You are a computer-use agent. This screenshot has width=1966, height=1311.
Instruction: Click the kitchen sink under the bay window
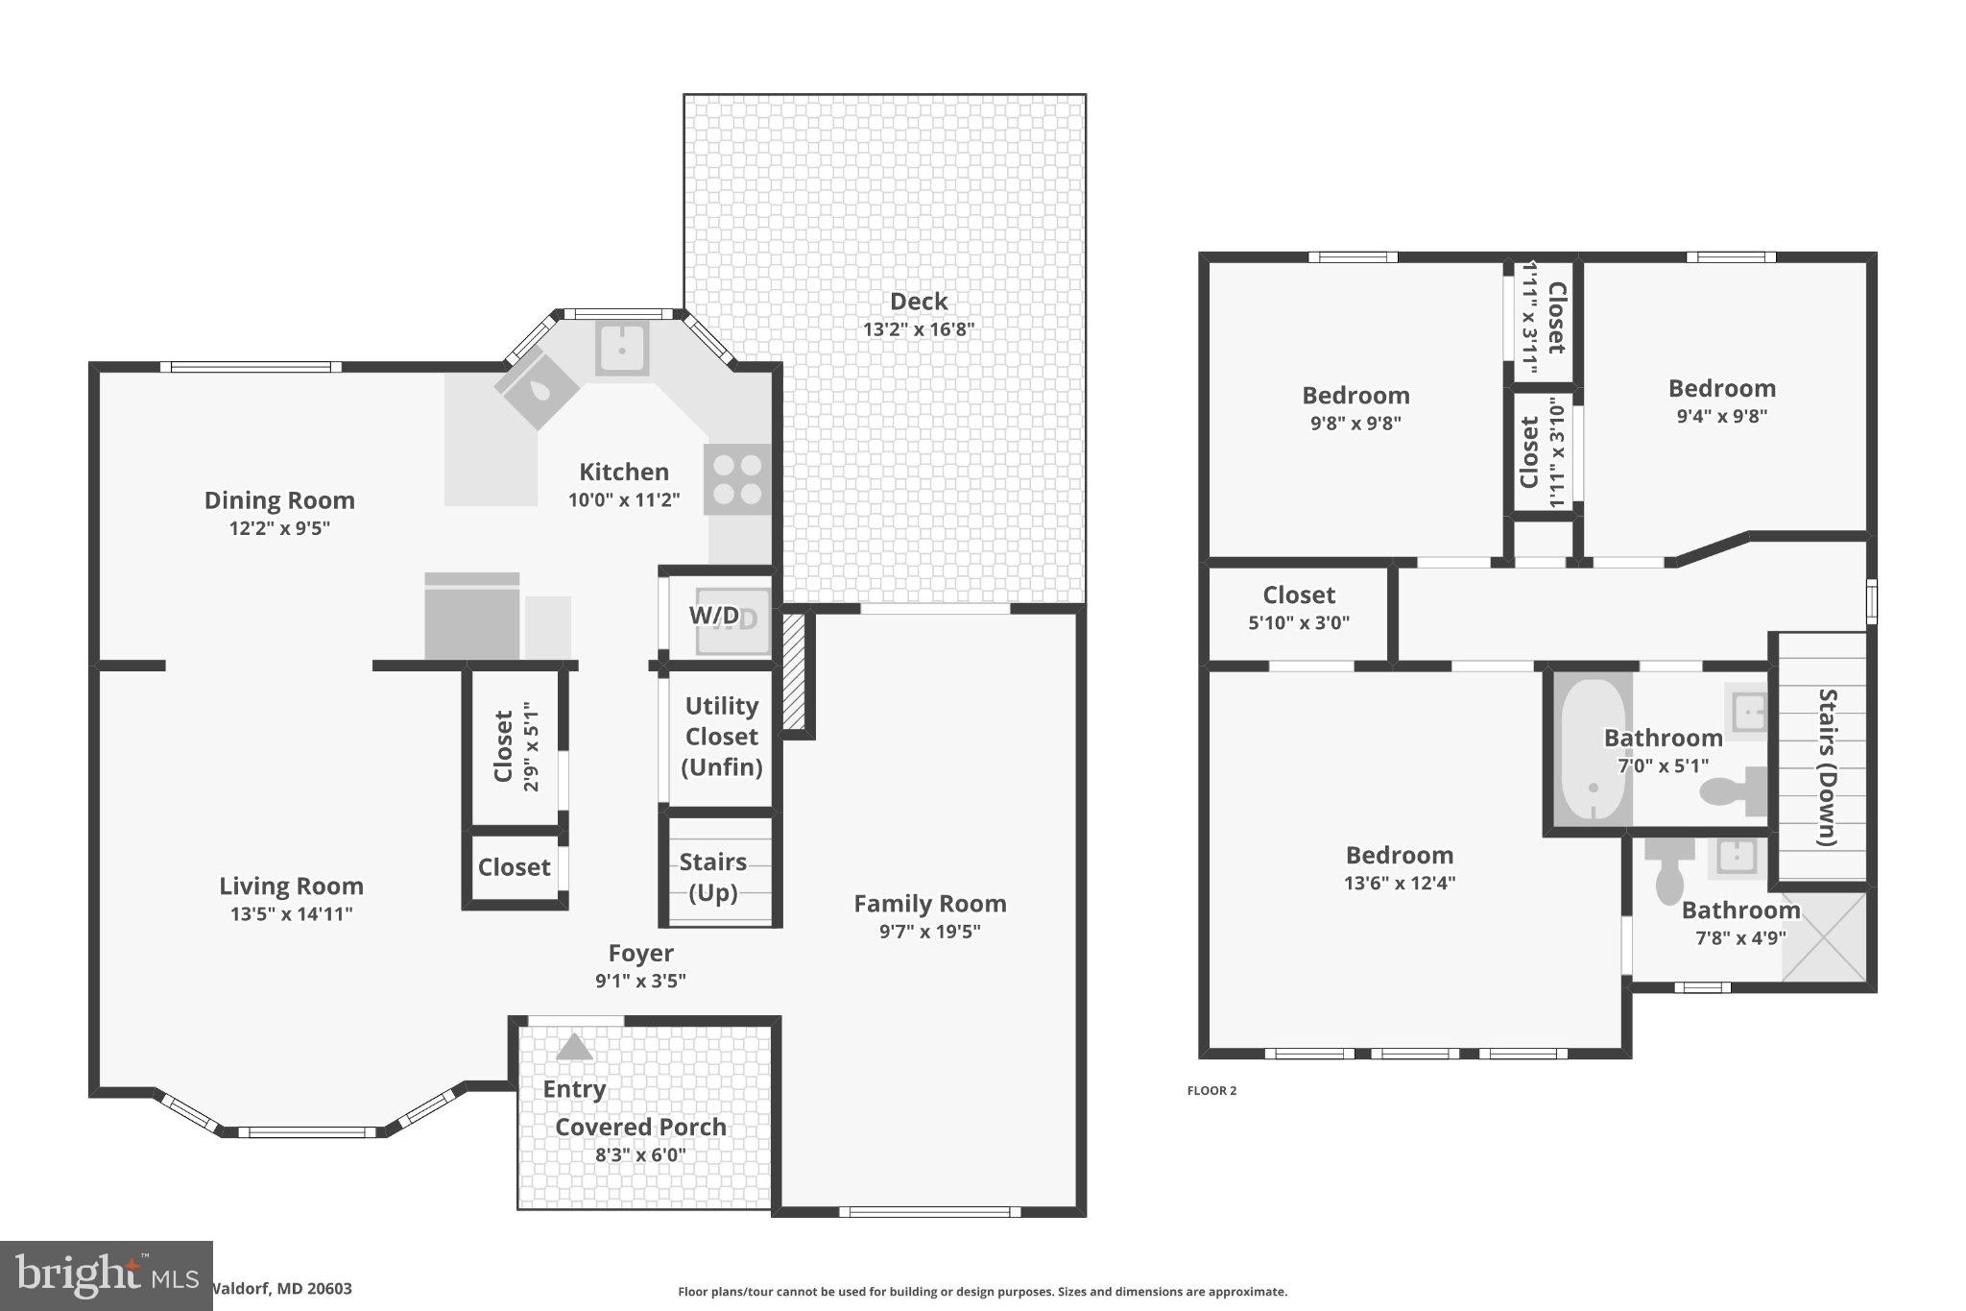tap(622, 348)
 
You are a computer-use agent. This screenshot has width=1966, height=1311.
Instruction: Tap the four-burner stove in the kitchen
tap(737, 479)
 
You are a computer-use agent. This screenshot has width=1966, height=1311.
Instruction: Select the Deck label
tap(919, 302)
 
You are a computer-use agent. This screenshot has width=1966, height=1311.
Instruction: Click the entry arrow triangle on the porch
tap(574, 1047)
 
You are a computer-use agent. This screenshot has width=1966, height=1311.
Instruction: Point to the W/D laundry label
tap(715, 616)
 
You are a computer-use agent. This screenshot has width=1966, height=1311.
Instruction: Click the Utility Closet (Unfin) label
tap(722, 737)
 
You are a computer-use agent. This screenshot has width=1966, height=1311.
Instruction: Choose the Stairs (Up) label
tap(713, 877)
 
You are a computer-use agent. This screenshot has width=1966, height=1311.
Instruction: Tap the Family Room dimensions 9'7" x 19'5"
tap(929, 931)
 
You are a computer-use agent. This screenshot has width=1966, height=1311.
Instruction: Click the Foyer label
tap(640, 953)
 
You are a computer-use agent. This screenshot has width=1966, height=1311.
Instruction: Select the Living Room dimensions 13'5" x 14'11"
tap(291, 913)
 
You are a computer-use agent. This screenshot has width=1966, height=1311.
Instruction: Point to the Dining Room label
tap(279, 500)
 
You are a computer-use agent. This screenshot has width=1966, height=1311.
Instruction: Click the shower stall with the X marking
tap(1824, 936)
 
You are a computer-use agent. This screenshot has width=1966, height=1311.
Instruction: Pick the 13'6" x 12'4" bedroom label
tap(1399, 856)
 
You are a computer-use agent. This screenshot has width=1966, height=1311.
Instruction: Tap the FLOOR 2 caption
tap(1211, 1090)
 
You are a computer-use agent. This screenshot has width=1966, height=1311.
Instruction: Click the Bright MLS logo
tap(106, 1275)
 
